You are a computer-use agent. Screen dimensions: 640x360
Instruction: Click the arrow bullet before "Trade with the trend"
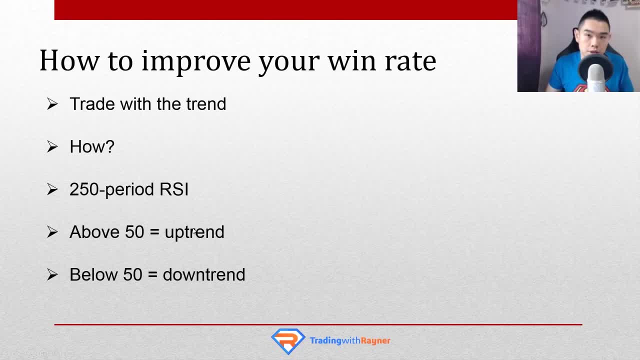[x=52, y=103]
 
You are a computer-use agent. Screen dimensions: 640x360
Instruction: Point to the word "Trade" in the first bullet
[x=93, y=103]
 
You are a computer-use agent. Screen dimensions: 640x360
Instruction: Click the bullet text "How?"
[x=92, y=146]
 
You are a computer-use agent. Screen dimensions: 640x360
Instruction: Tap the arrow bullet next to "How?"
[x=52, y=146]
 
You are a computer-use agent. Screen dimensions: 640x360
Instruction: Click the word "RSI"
[x=174, y=189]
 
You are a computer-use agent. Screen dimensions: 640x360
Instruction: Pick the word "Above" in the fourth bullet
[x=94, y=231]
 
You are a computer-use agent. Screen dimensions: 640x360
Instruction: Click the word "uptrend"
[x=194, y=232]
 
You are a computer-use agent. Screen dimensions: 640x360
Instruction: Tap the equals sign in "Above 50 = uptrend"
[x=154, y=232]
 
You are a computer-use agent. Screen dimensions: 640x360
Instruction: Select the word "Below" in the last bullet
[x=93, y=274]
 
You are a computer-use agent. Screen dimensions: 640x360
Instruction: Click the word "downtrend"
[x=204, y=274]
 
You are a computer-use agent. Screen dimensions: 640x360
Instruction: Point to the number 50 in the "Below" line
[x=132, y=274]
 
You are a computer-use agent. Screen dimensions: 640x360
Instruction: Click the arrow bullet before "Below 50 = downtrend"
[x=52, y=274]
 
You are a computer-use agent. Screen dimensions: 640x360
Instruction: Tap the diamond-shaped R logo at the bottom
[x=288, y=341]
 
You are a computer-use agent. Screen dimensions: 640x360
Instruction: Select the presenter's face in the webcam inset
[x=595, y=37]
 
